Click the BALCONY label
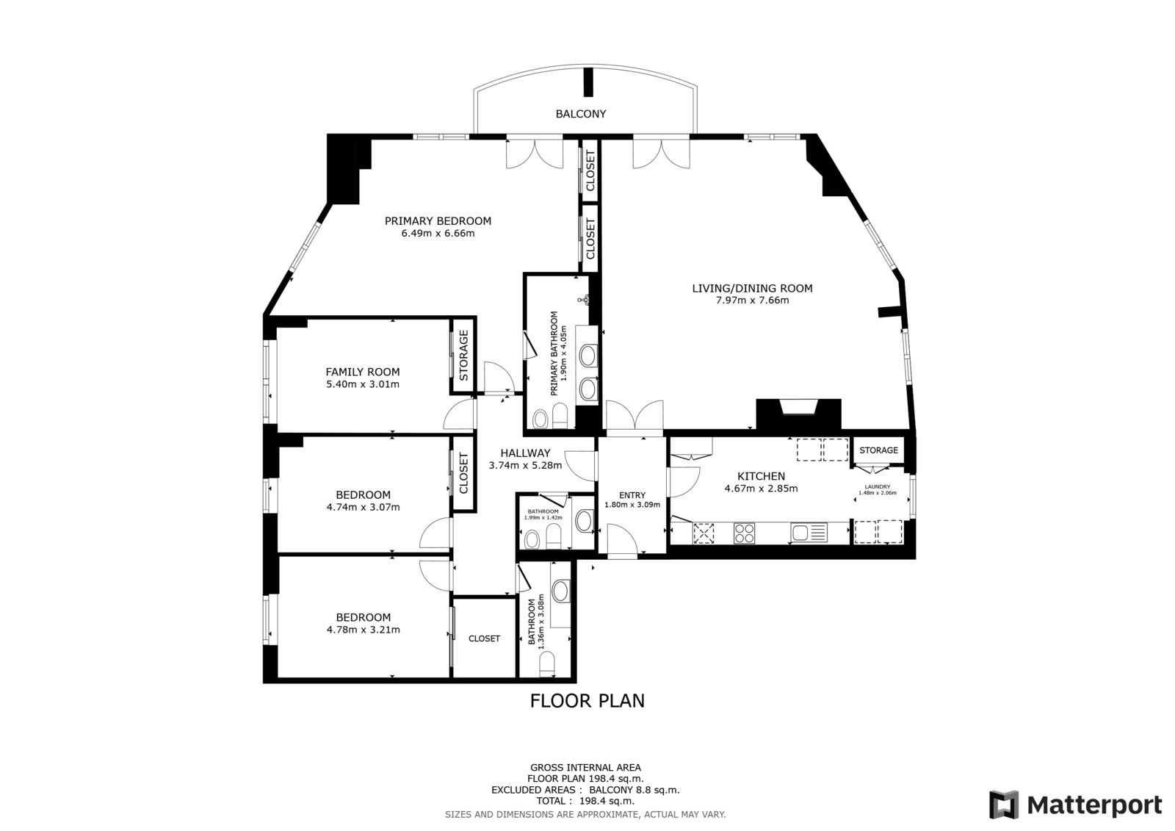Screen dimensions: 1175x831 tap(581, 114)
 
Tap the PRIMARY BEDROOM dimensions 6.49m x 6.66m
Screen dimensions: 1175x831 tap(438, 233)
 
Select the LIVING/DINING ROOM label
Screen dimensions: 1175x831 tap(752, 288)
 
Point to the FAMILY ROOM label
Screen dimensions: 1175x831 tap(363, 373)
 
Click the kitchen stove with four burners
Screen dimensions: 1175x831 tap(744, 533)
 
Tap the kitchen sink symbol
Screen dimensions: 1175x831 tap(809, 533)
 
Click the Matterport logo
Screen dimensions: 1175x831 tap(1076, 805)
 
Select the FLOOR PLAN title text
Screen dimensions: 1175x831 tap(587, 702)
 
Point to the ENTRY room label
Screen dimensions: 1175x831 tap(632, 495)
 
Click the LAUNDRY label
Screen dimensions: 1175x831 tap(878, 486)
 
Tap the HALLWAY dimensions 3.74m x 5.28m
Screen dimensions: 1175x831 tap(525, 465)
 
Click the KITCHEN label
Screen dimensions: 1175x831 tap(761, 476)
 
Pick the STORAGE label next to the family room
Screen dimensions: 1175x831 tap(463, 355)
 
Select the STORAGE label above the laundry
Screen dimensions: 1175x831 tap(878, 450)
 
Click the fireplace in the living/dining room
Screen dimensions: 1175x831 tap(798, 414)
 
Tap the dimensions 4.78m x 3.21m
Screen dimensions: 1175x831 tap(363, 630)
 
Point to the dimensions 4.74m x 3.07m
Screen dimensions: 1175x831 tap(363, 507)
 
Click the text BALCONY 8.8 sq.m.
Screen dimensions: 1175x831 tap(634, 790)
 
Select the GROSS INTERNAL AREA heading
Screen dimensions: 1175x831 tap(585, 768)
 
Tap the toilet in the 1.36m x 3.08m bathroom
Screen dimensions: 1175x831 tap(546, 664)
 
